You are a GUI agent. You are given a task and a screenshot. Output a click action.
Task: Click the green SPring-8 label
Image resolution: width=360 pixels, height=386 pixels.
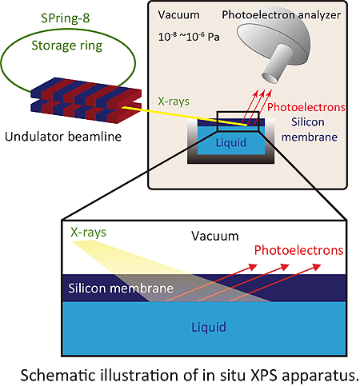pyautogui.click(x=66, y=18)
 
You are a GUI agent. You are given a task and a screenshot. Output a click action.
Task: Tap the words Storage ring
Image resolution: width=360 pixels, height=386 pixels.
pyautogui.click(x=67, y=46)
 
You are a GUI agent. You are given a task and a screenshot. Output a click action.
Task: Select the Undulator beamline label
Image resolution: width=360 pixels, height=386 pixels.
pyautogui.click(x=63, y=137)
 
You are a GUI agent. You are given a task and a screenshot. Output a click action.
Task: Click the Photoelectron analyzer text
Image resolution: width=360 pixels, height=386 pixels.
pyautogui.click(x=282, y=15)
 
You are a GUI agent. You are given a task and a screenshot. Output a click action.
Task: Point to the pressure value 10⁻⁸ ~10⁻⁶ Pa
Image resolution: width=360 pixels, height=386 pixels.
pyautogui.click(x=189, y=37)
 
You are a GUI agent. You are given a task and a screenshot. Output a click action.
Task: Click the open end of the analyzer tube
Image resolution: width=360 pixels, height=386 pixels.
pyautogui.click(x=270, y=78)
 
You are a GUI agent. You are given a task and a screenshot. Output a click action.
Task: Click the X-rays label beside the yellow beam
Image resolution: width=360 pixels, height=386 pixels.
pyautogui.click(x=174, y=101)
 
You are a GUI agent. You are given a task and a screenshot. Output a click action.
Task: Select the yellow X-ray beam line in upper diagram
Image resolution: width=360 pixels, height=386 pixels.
pyautogui.click(x=185, y=116)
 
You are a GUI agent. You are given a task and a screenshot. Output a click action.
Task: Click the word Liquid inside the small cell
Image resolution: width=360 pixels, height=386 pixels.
pyautogui.click(x=231, y=143)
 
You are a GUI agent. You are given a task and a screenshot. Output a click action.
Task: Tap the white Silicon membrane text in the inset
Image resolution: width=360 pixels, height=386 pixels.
pyautogui.click(x=121, y=289)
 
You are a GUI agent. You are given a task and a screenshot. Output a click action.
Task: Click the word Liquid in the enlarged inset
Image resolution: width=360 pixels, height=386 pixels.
pyautogui.click(x=209, y=327)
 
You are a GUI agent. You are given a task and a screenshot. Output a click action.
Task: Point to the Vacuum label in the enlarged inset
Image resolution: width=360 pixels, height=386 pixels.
pyautogui.click(x=215, y=237)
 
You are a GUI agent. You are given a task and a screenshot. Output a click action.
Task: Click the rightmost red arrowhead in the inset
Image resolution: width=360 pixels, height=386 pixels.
pyautogui.click(x=317, y=267)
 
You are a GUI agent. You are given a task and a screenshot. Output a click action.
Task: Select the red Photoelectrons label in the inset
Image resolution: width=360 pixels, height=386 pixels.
pyautogui.click(x=298, y=250)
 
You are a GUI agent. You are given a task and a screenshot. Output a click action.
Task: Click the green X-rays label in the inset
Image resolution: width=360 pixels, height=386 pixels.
pyautogui.click(x=88, y=233)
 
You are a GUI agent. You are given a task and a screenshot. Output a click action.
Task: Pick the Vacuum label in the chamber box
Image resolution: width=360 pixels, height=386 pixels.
pyautogui.click(x=178, y=15)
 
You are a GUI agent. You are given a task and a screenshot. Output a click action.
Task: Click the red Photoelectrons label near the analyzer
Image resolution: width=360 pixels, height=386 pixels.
pyautogui.click(x=306, y=107)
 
